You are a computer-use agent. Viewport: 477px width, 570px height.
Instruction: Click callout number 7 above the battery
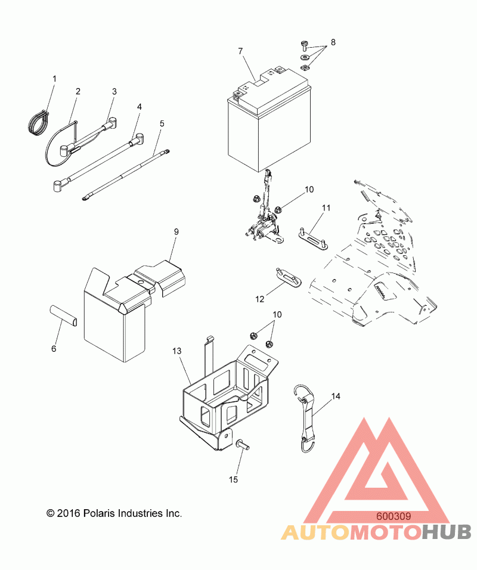pyautogui.click(x=240, y=52)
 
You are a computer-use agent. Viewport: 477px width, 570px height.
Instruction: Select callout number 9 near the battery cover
pyautogui.click(x=176, y=231)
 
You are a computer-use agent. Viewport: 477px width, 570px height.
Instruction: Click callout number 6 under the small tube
pyautogui.click(x=54, y=348)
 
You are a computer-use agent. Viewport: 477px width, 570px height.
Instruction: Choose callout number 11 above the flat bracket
pyautogui.click(x=326, y=207)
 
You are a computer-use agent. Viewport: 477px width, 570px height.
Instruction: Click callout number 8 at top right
pyautogui.click(x=333, y=42)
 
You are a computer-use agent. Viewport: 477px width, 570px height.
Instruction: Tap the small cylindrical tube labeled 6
pyautogui.click(x=63, y=314)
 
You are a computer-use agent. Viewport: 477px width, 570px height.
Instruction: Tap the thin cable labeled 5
pyautogui.click(x=125, y=172)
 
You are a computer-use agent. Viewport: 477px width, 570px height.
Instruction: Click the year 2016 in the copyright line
pyautogui.click(x=68, y=513)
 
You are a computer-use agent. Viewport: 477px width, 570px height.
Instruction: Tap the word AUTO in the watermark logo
pyautogui.click(x=315, y=532)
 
